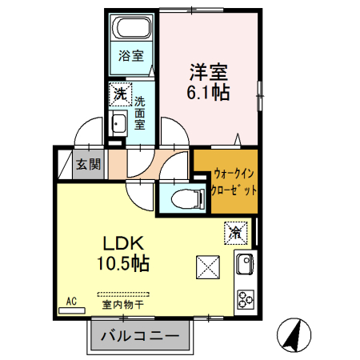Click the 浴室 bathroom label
[132, 56]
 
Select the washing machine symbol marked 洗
[120, 94]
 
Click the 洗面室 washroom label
[140, 113]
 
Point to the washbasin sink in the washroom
[119, 125]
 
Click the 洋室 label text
[210, 70]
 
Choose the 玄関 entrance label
[89, 166]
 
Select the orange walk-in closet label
[226, 182]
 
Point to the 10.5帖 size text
[122, 263]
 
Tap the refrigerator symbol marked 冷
[235, 234]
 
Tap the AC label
[71, 302]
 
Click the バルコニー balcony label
[141, 335]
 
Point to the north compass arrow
[294, 334]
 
